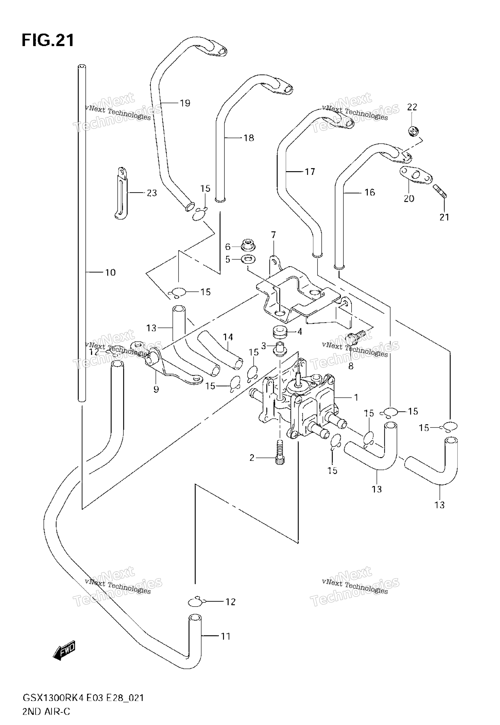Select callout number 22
tap(412, 107)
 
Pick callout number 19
tap(185, 103)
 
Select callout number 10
tap(110, 272)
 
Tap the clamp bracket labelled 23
tap(121, 193)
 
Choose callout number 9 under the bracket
tap(156, 389)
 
